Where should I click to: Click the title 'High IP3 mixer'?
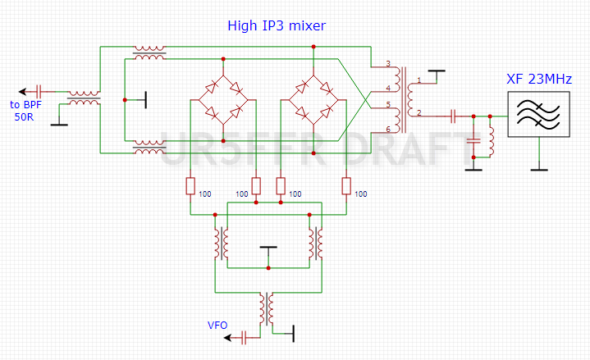[x=277, y=26]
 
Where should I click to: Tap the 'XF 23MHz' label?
[x=538, y=80]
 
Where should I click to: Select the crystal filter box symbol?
[x=538, y=114]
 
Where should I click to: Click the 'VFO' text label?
[x=217, y=326]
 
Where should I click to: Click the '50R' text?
[x=25, y=117]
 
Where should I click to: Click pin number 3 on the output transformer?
[x=390, y=64]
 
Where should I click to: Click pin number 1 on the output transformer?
[x=418, y=80]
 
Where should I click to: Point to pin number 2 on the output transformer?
[x=418, y=112]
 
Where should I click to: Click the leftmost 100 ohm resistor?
[x=190, y=186]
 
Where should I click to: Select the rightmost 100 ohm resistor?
[x=345, y=186]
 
